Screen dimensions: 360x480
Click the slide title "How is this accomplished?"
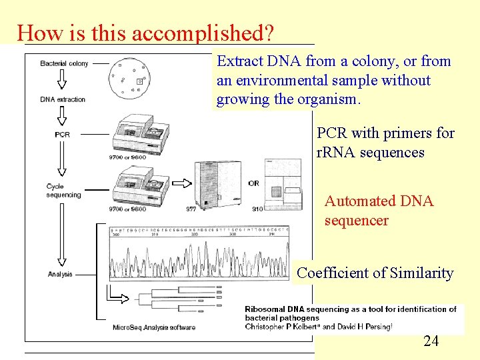click(x=147, y=33)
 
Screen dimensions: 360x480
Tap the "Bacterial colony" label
click(x=64, y=64)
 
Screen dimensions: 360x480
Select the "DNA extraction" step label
click(x=63, y=99)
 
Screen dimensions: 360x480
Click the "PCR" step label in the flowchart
click(x=63, y=134)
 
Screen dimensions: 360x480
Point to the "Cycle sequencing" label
click(x=63, y=191)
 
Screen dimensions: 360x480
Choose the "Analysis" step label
click(x=60, y=274)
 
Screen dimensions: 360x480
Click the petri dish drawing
click(x=129, y=78)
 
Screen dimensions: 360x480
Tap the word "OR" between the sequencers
click(x=253, y=183)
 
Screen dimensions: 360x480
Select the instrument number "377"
click(x=191, y=209)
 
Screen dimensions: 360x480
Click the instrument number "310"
click(x=257, y=209)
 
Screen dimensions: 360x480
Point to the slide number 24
click(x=431, y=341)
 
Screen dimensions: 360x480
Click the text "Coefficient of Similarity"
click(x=375, y=273)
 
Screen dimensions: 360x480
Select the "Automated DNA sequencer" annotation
click(x=379, y=211)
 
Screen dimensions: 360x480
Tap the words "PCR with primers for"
click(x=385, y=133)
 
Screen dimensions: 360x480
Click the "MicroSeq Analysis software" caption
click(x=154, y=327)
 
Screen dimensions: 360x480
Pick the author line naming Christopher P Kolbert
click(x=319, y=327)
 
